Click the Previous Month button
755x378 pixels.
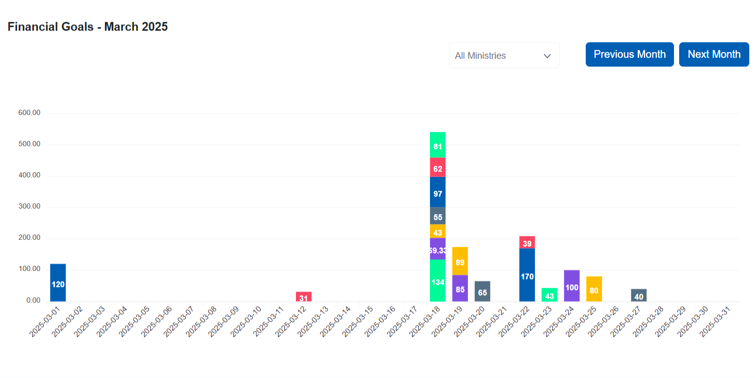pyautogui.click(x=629, y=55)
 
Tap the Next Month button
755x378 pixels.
pyautogui.click(x=714, y=55)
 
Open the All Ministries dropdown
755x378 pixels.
pyautogui.click(x=504, y=56)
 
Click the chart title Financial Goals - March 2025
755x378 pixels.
pyautogui.click(x=88, y=27)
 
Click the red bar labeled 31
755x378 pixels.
pyautogui.click(x=304, y=296)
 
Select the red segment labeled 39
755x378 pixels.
pyautogui.click(x=527, y=242)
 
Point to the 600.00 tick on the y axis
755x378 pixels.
pyautogui.click(x=29, y=113)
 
